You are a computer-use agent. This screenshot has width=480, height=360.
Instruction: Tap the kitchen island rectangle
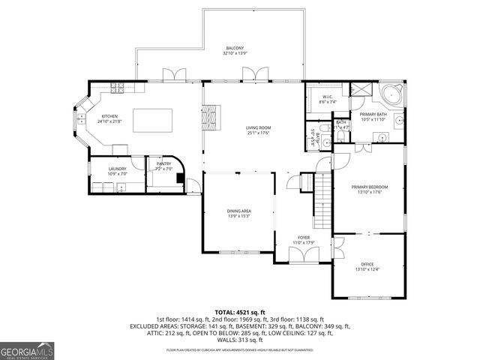coord(153,119)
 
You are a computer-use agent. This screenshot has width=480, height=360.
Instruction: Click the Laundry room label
coord(117,171)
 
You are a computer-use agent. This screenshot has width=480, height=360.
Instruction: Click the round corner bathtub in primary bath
coord(391,96)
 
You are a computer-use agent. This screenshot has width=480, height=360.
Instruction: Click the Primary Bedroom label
coord(367,189)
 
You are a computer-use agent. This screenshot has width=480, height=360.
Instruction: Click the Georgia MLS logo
coord(25,350)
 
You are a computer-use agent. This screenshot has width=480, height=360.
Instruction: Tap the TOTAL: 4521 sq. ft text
coord(239,311)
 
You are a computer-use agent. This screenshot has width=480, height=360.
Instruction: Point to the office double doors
coord(337,247)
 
